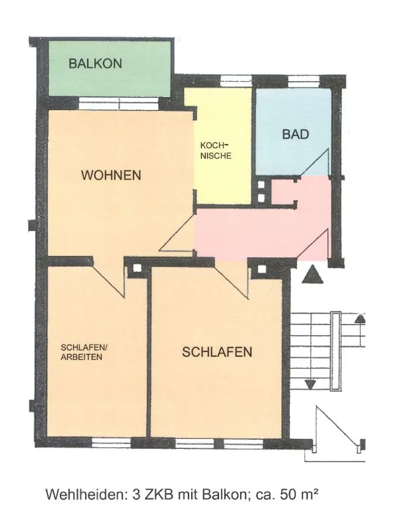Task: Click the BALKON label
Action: pos(95,64)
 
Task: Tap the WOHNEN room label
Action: pos(111,175)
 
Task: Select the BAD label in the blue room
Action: pos(296,134)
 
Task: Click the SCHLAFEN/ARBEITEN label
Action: pos(84,352)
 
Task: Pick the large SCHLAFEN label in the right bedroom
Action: pos(217,352)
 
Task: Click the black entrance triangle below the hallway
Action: pos(313,275)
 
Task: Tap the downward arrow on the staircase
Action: pos(310,385)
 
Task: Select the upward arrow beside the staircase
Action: pos(361,318)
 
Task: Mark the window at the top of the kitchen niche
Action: pos(236,81)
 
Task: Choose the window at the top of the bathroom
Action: pos(304,81)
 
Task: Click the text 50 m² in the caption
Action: pos(299,494)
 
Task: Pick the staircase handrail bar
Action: pos(335,351)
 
